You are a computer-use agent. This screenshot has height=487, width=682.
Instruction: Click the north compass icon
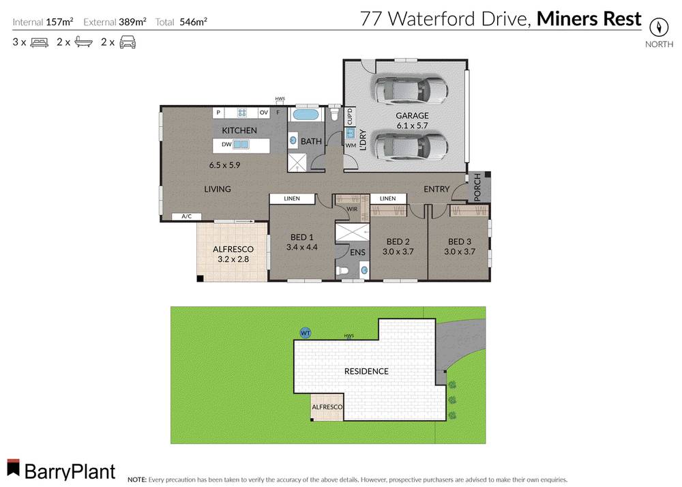(659, 27)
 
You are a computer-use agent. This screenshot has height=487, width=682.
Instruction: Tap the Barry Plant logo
(61, 470)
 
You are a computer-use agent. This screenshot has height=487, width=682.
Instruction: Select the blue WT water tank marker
(306, 333)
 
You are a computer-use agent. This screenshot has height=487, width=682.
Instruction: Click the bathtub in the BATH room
(306, 115)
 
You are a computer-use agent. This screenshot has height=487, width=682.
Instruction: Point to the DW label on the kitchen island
(225, 145)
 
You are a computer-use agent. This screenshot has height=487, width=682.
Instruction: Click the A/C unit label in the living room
(186, 216)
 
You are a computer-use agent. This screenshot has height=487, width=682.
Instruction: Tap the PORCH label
(477, 188)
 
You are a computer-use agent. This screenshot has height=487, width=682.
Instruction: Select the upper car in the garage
(408, 89)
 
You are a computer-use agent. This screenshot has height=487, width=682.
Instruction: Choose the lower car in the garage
(408, 145)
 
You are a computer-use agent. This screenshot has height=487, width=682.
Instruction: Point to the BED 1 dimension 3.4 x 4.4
(302, 247)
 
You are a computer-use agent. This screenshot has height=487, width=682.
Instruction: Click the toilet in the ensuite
(344, 271)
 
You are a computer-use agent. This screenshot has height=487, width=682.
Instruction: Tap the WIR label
(352, 209)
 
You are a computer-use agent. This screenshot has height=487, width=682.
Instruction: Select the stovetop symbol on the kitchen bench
(242, 113)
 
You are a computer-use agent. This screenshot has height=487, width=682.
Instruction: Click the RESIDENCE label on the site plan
(366, 371)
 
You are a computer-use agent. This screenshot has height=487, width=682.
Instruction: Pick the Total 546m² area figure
(193, 21)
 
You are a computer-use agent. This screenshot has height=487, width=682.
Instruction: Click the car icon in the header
(128, 42)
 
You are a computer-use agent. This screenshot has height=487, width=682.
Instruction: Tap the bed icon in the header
(39, 42)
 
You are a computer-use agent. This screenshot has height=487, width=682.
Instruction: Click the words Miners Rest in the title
(589, 18)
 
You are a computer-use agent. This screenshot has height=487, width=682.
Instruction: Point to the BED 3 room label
(459, 241)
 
